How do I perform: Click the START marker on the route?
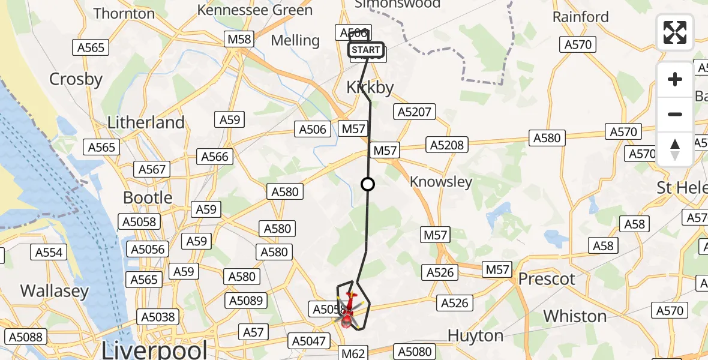pyautogui.click(x=366, y=50)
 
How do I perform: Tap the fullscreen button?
pyautogui.click(x=675, y=32)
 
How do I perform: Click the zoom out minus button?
pyautogui.click(x=675, y=114)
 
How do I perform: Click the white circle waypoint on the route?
pyautogui.click(x=368, y=185)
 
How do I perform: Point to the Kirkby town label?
pyautogui.click(x=370, y=88)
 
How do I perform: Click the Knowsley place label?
pyautogui.click(x=441, y=182)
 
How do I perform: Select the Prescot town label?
pyautogui.click(x=547, y=279)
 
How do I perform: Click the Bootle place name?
pyautogui.click(x=148, y=197)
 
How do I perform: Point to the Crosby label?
pyautogui.click(x=76, y=79)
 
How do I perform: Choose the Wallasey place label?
pyautogui.click(x=55, y=292)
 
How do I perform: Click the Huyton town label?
pyautogui.click(x=476, y=335)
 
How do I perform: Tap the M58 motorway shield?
pyautogui.click(x=239, y=40)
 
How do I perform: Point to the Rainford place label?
pyautogui.click(x=581, y=17)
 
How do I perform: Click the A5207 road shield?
pyautogui.click(x=414, y=111)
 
